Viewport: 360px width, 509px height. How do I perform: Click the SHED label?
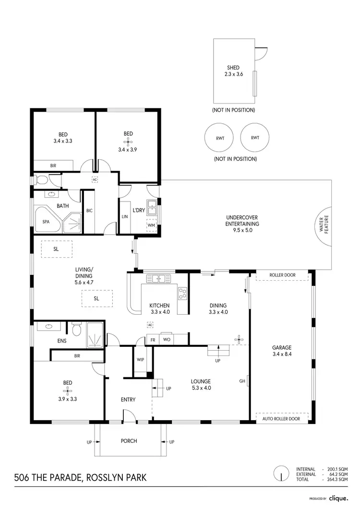(x=234, y=68)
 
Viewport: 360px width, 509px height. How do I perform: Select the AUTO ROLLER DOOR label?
(x=281, y=419)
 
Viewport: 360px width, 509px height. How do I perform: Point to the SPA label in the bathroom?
(x=46, y=222)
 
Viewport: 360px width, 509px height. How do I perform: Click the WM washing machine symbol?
(x=151, y=225)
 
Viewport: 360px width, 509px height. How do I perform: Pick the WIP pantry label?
(x=140, y=359)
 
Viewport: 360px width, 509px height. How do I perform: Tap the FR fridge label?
(x=153, y=340)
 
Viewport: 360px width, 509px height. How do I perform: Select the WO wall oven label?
(x=167, y=340)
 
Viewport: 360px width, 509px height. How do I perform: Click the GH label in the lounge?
(x=242, y=381)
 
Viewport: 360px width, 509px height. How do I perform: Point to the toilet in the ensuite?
(x=75, y=330)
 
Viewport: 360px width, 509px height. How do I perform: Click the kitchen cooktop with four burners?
(x=183, y=293)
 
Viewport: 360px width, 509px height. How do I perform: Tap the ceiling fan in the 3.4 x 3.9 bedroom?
(x=128, y=142)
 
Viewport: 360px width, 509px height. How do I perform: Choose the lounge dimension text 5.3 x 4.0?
(x=200, y=388)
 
